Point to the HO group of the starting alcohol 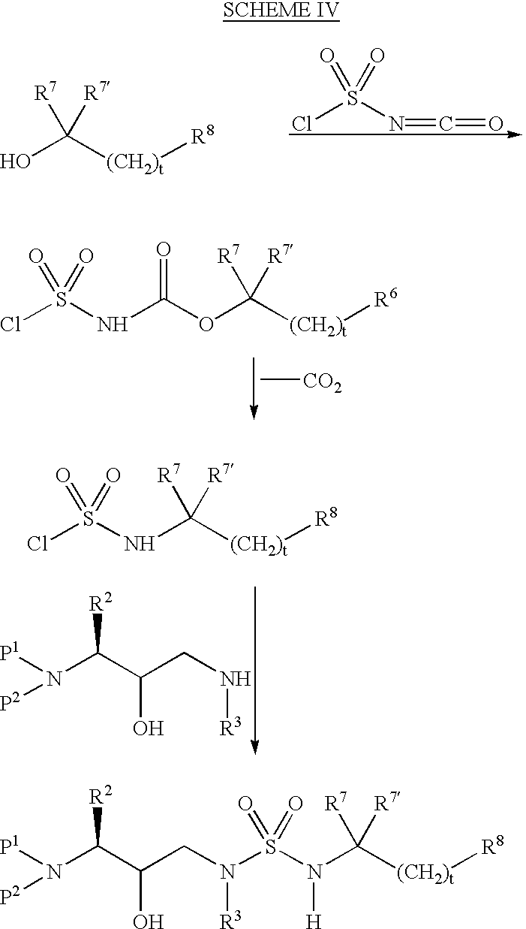tap(17, 161)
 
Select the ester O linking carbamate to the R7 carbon tap(206, 324)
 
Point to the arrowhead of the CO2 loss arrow tap(254, 410)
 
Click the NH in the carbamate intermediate tap(113, 324)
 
